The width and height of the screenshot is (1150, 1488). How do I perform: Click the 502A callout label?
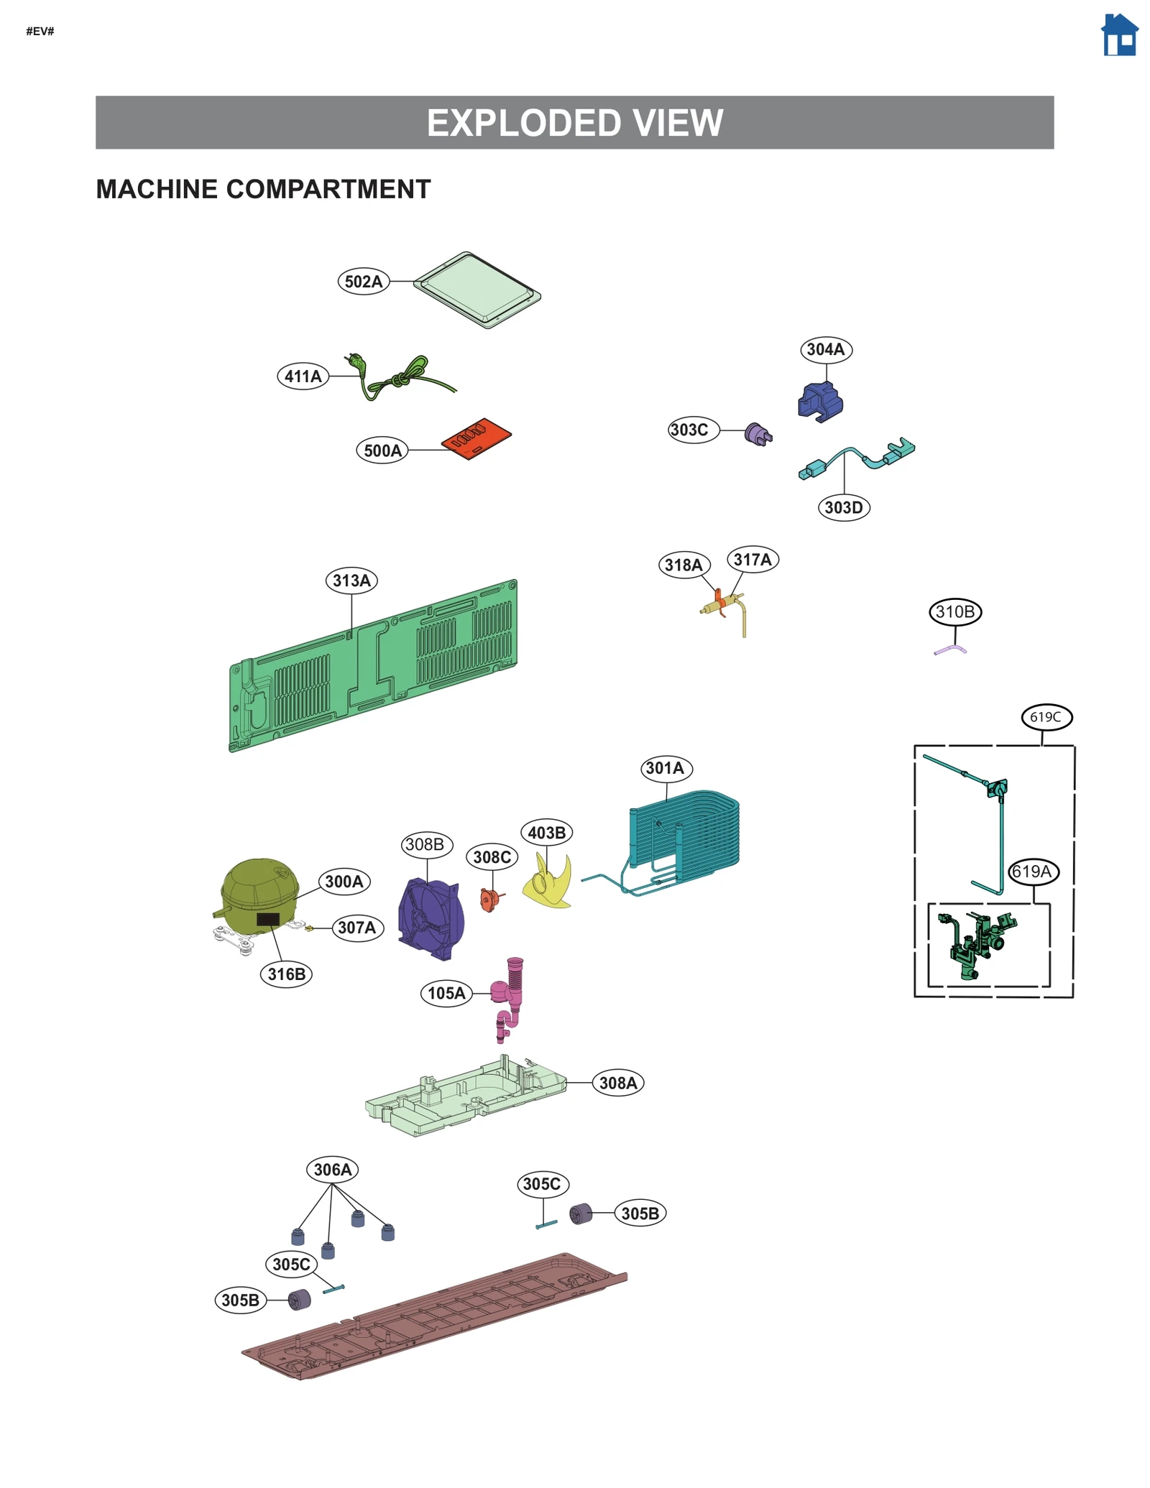[x=364, y=282]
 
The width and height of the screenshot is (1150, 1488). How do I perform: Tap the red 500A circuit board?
[x=477, y=438]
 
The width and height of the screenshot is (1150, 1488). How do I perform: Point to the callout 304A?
[x=826, y=350]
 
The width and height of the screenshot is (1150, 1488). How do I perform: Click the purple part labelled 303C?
[x=758, y=434]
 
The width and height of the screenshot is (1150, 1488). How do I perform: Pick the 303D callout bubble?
[x=844, y=508]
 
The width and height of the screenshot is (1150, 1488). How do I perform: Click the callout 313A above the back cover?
[x=351, y=581]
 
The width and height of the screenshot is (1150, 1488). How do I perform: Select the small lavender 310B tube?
[x=951, y=650]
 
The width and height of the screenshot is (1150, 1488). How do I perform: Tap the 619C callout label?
[x=1046, y=717]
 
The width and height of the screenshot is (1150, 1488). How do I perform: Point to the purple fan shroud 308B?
[x=431, y=920]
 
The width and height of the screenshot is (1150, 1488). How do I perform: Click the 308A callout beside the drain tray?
[x=618, y=1083]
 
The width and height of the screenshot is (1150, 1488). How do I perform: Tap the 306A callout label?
[x=333, y=1170]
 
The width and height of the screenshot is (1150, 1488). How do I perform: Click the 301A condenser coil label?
[x=666, y=769]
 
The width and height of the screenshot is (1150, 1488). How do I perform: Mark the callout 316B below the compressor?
[x=286, y=975]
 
